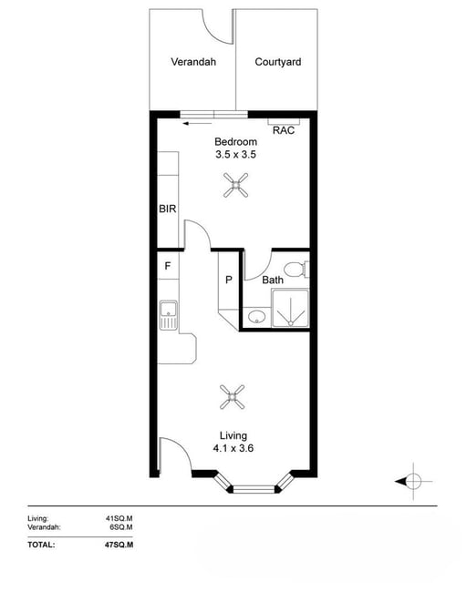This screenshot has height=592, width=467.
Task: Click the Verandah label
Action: (193, 62)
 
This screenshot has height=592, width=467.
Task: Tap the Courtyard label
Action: (278, 62)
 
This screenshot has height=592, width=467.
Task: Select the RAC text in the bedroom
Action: (284, 130)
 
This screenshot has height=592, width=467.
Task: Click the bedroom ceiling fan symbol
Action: (235, 185)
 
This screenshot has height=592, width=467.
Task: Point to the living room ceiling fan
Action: (233, 397)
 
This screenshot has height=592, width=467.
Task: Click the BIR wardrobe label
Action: (168, 209)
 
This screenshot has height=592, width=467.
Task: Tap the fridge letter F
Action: (168, 266)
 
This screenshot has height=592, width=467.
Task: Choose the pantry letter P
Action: (229, 280)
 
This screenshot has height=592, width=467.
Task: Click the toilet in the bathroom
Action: (296, 270)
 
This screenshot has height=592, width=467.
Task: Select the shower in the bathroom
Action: (290, 308)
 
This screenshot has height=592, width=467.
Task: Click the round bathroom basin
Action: (256, 317)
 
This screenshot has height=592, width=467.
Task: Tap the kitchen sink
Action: (168, 315)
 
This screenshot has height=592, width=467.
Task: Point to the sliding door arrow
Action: (197, 124)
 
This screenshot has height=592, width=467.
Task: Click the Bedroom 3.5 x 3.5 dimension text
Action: (235, 148)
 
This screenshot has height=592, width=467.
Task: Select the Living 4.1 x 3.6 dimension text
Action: (233, 442)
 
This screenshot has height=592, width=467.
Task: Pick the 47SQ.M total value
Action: (119, 545)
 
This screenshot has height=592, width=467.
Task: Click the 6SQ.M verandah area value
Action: (121, 527)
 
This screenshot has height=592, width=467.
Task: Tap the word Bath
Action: (273, 280)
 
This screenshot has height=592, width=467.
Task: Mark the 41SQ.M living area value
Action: (119, 518)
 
